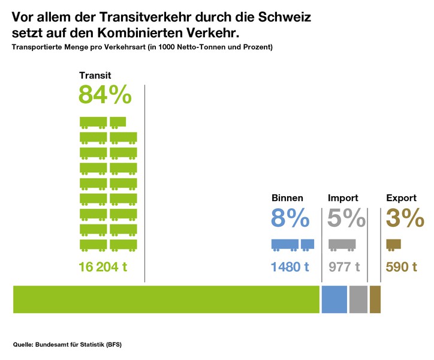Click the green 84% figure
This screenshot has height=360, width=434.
pos(105,95)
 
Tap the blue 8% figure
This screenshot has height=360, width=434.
pos(291,218)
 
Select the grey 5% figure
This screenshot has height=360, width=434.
pos(346,218)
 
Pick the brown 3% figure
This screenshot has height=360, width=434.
pos(405,218)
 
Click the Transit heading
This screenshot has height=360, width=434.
pos(95,76)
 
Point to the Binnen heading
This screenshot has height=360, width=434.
pos(287,198)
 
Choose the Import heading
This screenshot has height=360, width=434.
pos(343,198)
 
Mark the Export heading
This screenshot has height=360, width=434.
pos(401,198)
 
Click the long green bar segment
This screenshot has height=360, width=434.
pos(166,299)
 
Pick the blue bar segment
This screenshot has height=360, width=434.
pos(334,299)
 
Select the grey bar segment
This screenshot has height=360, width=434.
pos(358,299)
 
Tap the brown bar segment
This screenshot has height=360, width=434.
pos(375,299)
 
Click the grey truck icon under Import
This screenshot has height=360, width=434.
pos(342,244)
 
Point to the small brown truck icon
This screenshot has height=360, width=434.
pos(393,244)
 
